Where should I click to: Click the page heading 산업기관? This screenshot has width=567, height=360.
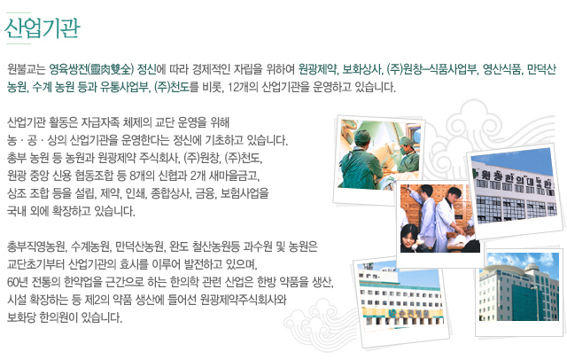(x=43, y=27)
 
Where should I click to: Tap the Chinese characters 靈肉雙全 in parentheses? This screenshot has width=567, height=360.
(x=112, y=69)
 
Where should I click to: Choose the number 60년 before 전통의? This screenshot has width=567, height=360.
(x=17, y=282)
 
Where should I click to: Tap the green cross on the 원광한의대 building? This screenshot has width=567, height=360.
(x=476, y=174)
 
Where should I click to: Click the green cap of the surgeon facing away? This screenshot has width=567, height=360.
(x=362, y=136)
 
